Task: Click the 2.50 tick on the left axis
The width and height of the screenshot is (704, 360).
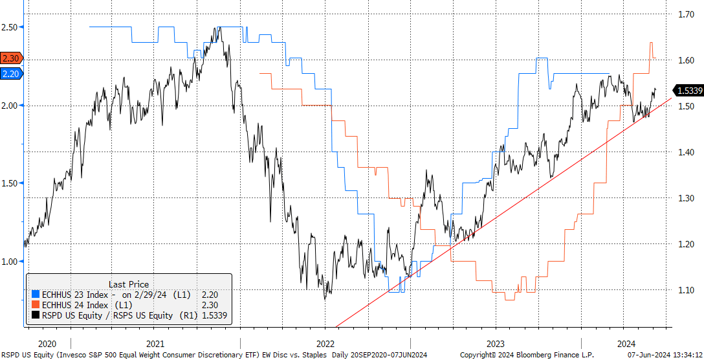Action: [10, 27]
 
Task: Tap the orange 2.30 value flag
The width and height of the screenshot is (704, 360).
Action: [11, 58]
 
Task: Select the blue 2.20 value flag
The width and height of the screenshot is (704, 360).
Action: [11, 74]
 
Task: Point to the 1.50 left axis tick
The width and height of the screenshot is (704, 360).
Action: [10, 183]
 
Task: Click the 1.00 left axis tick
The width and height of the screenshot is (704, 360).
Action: [10, 262]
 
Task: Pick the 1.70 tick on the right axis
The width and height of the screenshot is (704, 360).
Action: [685, 14]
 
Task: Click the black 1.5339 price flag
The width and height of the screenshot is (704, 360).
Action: [688, 91]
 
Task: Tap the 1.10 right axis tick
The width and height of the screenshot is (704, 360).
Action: [685, 290]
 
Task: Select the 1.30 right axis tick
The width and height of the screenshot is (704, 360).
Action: [685, 198]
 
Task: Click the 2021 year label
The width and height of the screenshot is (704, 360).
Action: [155, 344]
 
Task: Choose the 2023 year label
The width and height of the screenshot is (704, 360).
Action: [496, 344]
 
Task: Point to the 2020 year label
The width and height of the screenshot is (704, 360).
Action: [48, 344]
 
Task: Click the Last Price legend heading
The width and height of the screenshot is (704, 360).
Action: [128, 284]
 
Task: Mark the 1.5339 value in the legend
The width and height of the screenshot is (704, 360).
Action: [214, 315]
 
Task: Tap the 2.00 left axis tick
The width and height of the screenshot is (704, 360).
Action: [10, 105]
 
